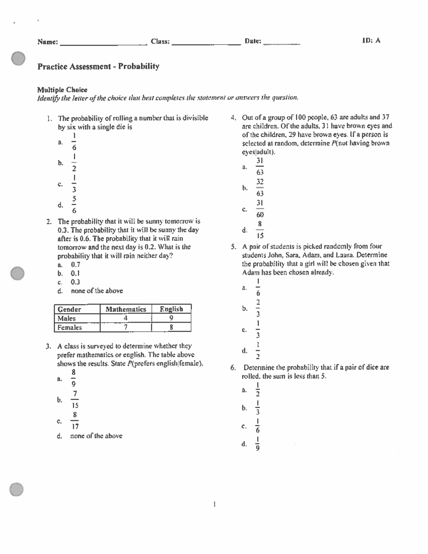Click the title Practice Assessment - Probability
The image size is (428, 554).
pyautogui.click(x=98, y=66)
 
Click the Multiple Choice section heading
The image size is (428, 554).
pyautogui.click(x=62, y=90)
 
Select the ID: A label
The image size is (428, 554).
pyautogui.click(x=371, y=41)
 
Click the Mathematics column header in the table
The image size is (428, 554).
pyautogui.click(x=126, y=309)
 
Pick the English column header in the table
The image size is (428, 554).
pyautogui.click(x=171, y=309)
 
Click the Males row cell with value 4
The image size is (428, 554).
pyautogui.click(x=126, y=318)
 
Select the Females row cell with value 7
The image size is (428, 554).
pyautogui.click(x=126, y=327)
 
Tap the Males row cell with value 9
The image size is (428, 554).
pyautogui.click(x=171, y=318)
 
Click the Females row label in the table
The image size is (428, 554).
pyautogui.click(x=70, y=327)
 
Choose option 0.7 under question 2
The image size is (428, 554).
pyautogui.click(x=75, y=265)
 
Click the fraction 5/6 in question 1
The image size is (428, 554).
pyautogui.click(x=74, y=205)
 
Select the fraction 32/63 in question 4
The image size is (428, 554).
pyautogui.click(x=260, y=188)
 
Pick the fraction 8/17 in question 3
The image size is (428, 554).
pyautogui.click(x=75, y=421)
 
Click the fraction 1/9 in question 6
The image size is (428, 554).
pyautogui.click(x=258, y=444)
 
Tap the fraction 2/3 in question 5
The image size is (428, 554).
pyautogui.click(x=258, y=309)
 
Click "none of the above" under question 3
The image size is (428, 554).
pyautogui.click(x=96, y=436)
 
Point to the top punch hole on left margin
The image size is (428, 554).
pyautogui.click(x=18, y=59)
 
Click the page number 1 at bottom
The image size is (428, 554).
pyautogui.click(x=214, y=504)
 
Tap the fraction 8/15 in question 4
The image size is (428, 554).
pyautogui.click(x=260, y=230)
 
